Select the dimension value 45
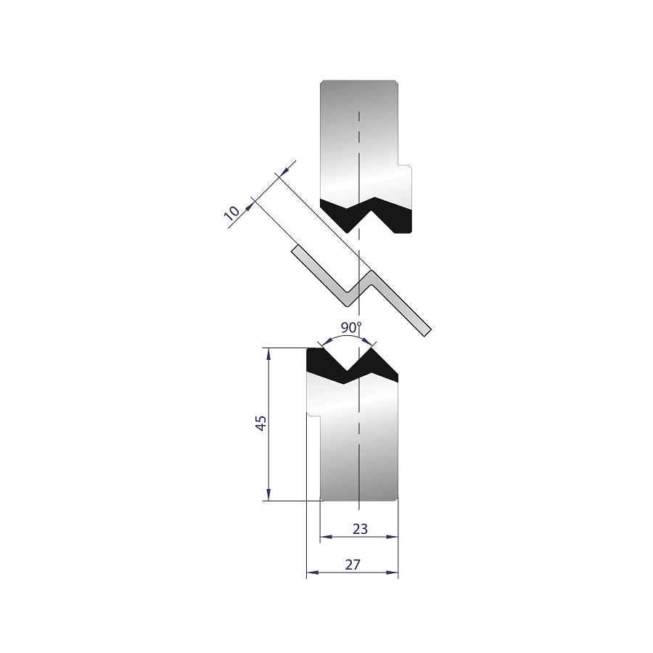[261, 423]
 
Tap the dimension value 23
[360, 528]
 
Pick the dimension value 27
[353, 564]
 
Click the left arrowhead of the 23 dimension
[326, 537]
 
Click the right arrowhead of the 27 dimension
[393, 572]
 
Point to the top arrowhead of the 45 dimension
[269, 353]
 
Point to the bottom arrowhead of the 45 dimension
[269, 495]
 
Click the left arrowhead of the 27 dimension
[312, 572]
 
